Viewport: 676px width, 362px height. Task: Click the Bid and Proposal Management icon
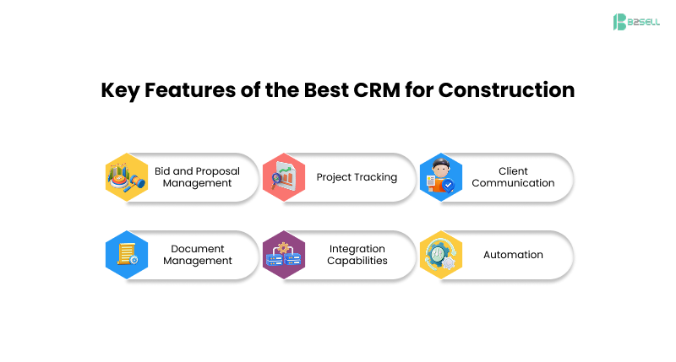pyautogui.click(x=127, y=177)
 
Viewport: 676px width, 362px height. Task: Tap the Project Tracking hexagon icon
pyautogui.click(x=283, y=177)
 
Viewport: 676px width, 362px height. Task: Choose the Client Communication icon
pyautogui.click(x=440, y=177)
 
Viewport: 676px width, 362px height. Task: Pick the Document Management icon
pyautogui.click(x=127, y=255)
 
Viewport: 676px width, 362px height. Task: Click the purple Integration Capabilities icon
pyautogui.click(x=283, y=255)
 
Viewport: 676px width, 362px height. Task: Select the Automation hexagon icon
pyautogui.click(x=440, y=255)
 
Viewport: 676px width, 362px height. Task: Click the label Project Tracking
pyautogui.click(x=357, y=177)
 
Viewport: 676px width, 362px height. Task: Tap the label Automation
pyautogui.click(x=513, y=255)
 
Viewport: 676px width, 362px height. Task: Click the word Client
pyautogui.click(x=513, y=171)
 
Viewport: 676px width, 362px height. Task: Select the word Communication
pyautogui.click(x=513, y=183)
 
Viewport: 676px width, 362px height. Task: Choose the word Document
pyautogui.click(x=197, y=249)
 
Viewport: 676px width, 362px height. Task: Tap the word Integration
pyautogui.click(x=357, y=249)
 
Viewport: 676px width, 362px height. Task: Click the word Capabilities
pyautogui.click(x=357, y=261)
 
